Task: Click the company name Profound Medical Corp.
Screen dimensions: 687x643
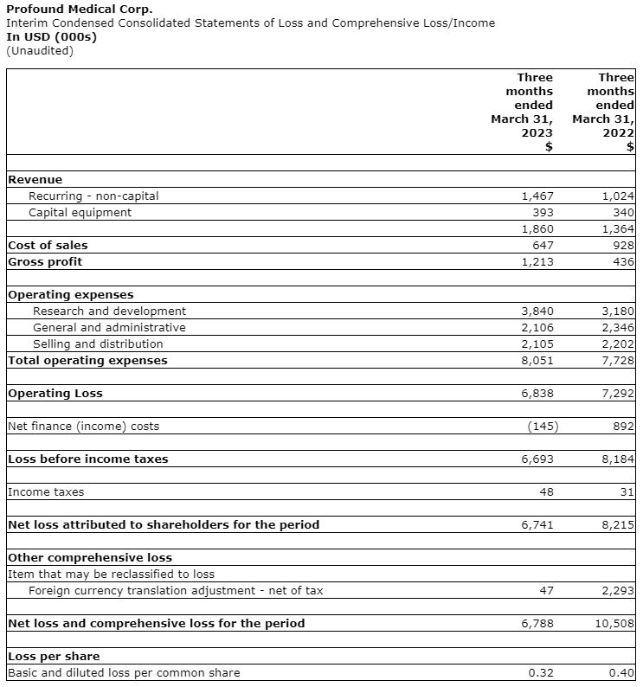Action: coord(79,9)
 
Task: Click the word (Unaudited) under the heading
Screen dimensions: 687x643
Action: coord(40,50)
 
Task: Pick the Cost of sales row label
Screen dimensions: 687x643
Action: coord(48,246)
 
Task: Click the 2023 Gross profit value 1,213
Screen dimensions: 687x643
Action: coord(537,262)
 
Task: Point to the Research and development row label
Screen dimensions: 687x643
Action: coord(109,311)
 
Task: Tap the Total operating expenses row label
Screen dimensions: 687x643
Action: coord(87,361)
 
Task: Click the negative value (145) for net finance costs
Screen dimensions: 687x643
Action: coord(543,427)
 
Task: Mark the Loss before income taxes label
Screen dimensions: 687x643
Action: coord(87,459)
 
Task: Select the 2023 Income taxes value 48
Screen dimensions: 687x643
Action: coord(545,492)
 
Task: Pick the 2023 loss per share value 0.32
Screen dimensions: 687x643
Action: coord(541,673)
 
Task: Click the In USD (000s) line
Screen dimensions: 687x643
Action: coord(52,36)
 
